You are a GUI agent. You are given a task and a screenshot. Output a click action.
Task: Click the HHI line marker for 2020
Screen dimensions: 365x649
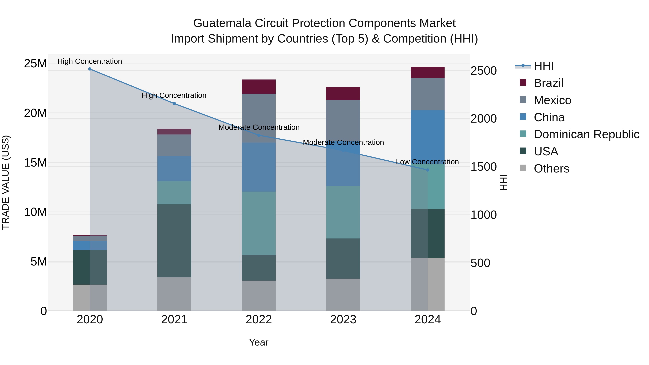(x=90, y=69)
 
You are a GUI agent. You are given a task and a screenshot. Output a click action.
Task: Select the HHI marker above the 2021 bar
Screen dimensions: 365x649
(x=174, y=103)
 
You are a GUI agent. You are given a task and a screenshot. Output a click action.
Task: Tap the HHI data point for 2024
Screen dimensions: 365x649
(x=428, y=170)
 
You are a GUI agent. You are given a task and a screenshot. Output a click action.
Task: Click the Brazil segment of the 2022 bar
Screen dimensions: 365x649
(x=259, y=87)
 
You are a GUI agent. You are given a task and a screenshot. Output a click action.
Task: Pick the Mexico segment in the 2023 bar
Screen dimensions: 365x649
(x=343, y=118)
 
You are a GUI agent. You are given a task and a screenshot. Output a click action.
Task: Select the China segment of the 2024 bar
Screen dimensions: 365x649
(x=428, y=134)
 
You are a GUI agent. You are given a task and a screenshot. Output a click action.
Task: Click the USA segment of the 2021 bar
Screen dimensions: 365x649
(x=174, y=241)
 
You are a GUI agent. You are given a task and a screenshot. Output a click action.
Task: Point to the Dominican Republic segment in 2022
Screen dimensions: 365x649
(x=259, y=224)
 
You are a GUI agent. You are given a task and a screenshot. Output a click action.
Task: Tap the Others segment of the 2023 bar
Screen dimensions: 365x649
(x=343, y=295)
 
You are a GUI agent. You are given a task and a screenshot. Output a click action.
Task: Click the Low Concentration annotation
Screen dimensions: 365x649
(x=427, y=162)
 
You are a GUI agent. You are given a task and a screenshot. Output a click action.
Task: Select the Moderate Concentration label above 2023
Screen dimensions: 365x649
(x=343, y=143)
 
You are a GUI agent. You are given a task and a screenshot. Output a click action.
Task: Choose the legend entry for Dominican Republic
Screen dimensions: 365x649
(x=586, y=134)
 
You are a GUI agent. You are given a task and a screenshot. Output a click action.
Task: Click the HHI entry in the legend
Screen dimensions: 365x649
(x=544, y=66)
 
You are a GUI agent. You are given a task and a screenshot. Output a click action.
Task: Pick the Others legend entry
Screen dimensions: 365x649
(x=551, y=169)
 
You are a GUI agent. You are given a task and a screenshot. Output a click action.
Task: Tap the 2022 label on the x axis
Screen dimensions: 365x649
(x=259, y=320)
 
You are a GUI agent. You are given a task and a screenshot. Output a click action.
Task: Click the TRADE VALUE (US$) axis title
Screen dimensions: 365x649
(x=6, y=182)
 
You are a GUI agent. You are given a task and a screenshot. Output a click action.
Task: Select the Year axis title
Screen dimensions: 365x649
(x=259, y=342)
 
